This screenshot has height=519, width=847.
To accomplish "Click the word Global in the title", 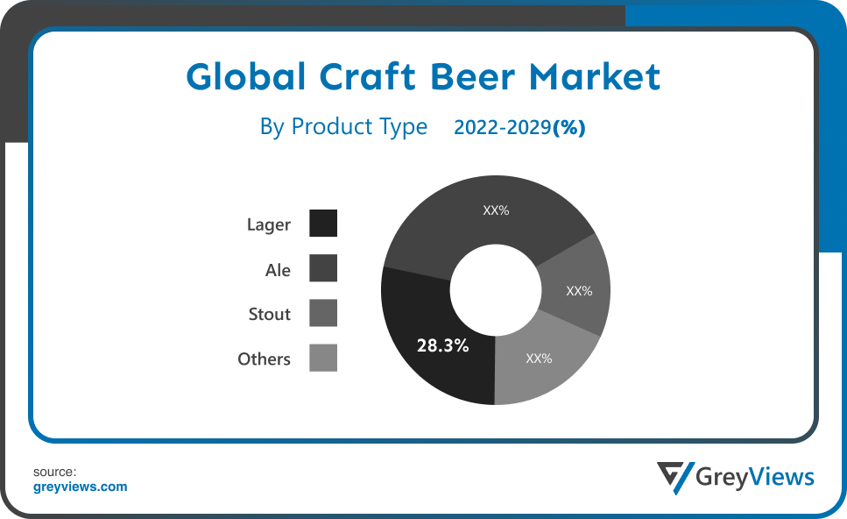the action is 246,76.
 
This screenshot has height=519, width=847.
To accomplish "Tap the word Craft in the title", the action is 367,76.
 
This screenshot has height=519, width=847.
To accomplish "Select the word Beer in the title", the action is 473,76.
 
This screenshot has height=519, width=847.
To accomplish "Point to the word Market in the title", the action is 594,76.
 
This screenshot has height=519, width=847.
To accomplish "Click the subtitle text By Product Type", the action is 343,128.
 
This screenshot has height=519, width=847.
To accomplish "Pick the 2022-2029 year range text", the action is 503,128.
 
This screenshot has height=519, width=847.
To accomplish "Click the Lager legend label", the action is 269,224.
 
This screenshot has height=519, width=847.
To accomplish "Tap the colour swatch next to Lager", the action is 323,223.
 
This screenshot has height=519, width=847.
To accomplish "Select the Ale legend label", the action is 278,270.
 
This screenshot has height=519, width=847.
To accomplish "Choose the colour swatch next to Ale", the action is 323,268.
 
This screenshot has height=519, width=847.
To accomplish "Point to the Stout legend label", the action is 269,314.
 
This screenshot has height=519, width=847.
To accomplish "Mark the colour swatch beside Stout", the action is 323,313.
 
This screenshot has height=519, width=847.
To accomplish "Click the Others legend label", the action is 265,359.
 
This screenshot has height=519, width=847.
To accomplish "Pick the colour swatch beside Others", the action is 323,358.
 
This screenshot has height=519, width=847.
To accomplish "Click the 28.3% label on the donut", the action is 442,345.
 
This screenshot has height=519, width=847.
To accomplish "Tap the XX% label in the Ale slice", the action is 496,210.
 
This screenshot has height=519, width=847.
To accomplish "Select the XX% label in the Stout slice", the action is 579,291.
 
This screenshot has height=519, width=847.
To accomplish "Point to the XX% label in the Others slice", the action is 539,359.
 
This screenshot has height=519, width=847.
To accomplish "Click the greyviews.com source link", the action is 80,487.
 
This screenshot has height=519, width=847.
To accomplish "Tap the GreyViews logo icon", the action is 675,477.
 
